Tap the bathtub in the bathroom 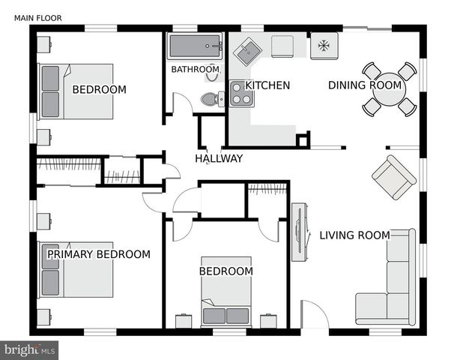point(196,46)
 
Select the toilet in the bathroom point(211,98)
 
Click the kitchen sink point(247,53)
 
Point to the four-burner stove point(241,93)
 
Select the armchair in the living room point(394,177)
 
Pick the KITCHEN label point(267,85)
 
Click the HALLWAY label point(219,158)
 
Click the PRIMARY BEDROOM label point(99,254)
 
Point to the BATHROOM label point(195,70)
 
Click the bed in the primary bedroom point(76,269)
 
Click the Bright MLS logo point(30,349)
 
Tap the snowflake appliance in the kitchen point(324,46)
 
